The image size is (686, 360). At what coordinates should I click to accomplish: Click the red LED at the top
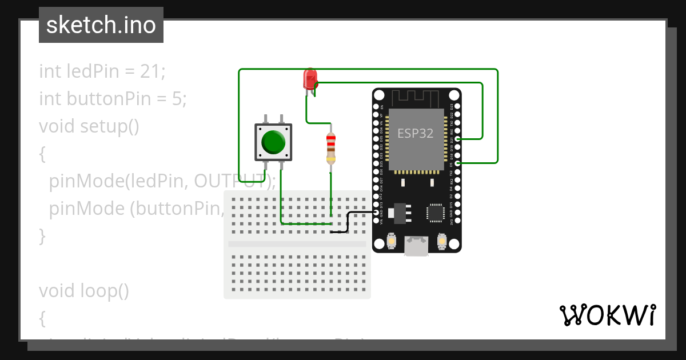point(310,79)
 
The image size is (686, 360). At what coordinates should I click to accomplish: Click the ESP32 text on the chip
point(416,134)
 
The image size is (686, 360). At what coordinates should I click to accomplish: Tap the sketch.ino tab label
point(101,25)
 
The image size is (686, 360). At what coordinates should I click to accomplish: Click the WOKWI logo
point(607,315)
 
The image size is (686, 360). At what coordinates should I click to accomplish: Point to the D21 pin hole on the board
point(457,139)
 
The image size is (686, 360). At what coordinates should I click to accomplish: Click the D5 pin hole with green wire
point(457,163)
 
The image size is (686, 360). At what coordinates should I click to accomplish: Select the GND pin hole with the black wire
point(377,212)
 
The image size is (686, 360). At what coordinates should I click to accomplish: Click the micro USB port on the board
point(417,246)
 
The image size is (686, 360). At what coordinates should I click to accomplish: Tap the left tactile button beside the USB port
point(392,242)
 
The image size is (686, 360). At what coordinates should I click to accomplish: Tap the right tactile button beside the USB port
point(441,242)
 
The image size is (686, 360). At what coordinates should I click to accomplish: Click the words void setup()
point(89,126)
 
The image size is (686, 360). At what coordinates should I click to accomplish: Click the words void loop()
point(84,291)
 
